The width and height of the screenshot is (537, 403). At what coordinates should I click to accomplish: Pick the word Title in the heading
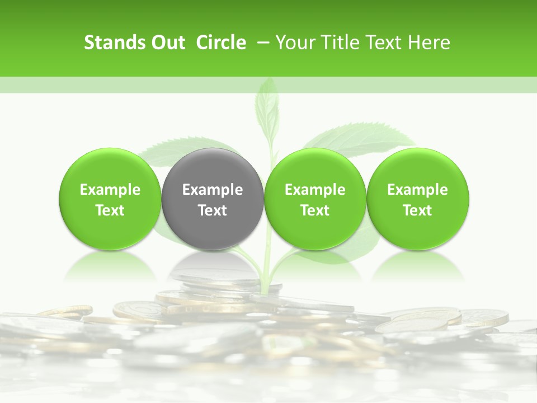coord(339,43)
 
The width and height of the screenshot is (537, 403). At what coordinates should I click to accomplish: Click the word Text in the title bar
coord(383,43)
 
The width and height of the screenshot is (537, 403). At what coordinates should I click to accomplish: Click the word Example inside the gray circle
coord(213,190)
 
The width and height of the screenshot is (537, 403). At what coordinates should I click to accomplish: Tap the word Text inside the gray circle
coord(213,210)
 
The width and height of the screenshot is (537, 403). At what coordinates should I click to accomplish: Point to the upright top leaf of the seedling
coord(267,106)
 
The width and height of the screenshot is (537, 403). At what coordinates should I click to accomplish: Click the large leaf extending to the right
coord(364,140)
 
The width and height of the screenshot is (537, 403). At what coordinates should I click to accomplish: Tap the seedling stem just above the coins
coord(267,274)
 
